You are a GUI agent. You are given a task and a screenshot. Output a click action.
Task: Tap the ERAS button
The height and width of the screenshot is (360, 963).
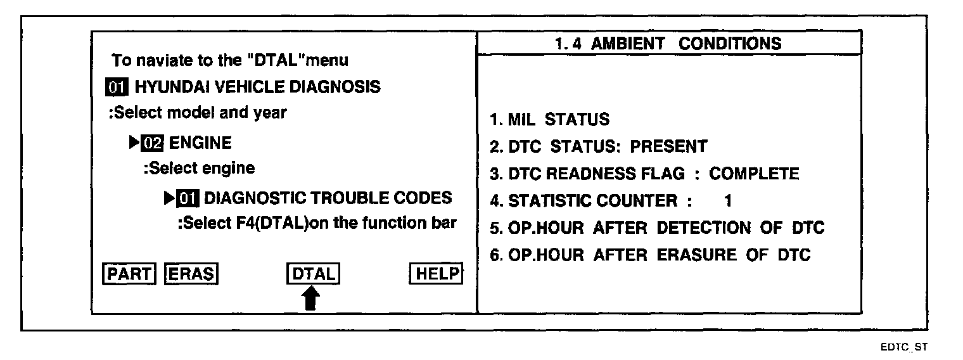191,273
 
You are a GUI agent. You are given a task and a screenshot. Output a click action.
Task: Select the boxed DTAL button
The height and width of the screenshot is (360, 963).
313,273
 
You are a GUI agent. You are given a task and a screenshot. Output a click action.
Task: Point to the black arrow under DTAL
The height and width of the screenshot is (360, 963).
310,298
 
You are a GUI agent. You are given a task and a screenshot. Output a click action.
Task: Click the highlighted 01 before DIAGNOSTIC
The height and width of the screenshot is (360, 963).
188,198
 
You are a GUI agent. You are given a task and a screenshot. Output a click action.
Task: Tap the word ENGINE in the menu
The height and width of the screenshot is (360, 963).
200,143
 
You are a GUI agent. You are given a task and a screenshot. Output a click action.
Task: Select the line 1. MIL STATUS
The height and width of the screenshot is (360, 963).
549,119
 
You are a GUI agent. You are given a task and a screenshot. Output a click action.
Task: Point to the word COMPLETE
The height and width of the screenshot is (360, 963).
754,174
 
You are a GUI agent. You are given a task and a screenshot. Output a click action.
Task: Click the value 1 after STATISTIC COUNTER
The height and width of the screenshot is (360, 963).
728,202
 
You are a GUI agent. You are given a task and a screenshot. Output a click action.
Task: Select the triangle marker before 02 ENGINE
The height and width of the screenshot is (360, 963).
134,143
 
